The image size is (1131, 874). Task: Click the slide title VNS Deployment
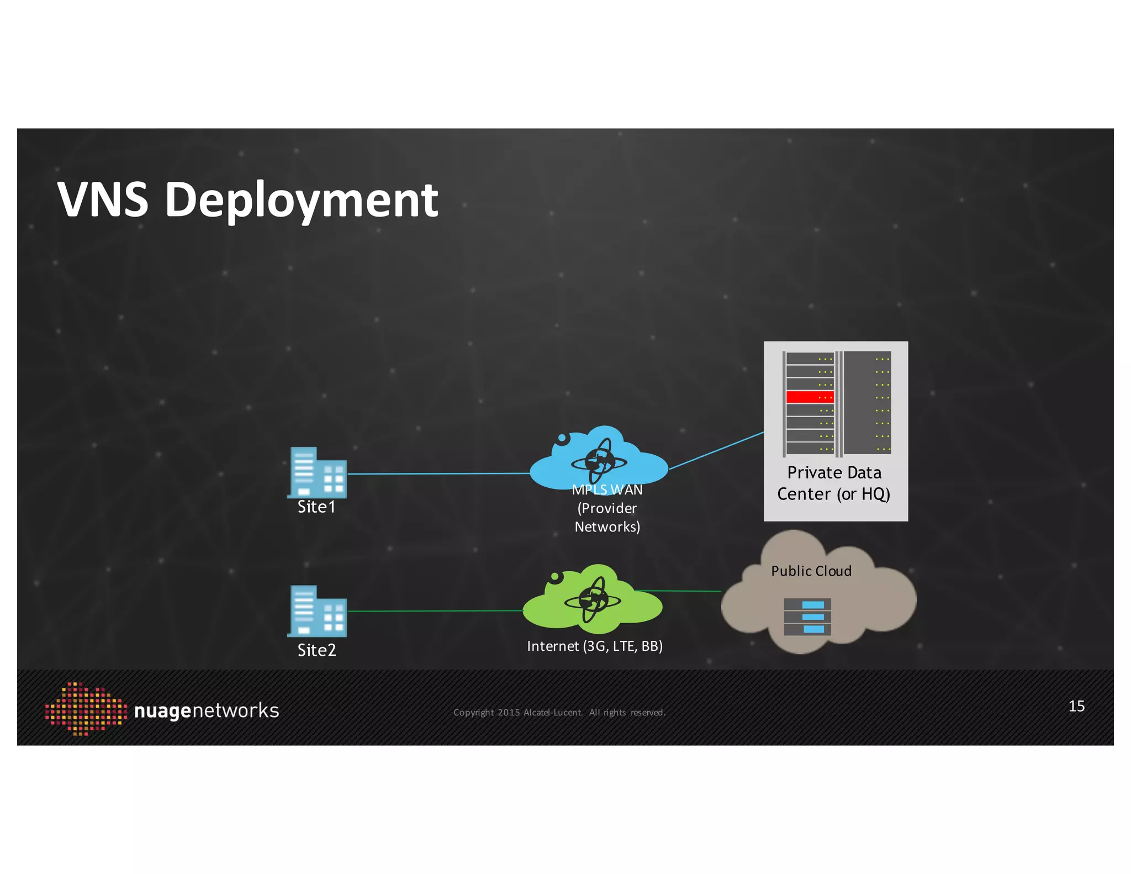point(248,199)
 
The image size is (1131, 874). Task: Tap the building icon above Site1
point(317,472)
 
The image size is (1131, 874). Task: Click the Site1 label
point(316,507)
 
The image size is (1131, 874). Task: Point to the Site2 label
point(316,650)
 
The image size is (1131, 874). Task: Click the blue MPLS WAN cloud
point(599,459)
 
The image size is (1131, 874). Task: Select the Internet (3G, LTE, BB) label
point(595,646)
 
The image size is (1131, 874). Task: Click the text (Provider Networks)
point(607,518)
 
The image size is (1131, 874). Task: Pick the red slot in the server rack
point(810,397)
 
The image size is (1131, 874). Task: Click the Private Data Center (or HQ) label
point(834,483)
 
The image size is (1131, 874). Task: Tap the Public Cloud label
point(811,571)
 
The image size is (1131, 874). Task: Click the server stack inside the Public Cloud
point(807,617)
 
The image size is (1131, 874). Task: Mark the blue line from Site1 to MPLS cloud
point(439,473)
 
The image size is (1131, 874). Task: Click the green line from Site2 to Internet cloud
point(436,611)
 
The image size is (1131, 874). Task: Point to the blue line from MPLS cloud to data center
point(716,450)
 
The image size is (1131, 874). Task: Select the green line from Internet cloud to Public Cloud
point(678,591)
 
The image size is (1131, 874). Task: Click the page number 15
point(1076,706)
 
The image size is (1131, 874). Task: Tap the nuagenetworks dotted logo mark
point(86,709)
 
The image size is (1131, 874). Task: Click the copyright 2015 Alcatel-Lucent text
point(559,713)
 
